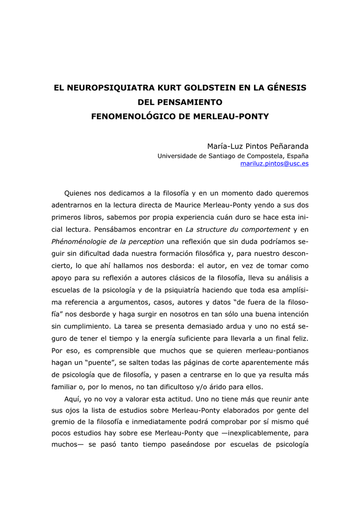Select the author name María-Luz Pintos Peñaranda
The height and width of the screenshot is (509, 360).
click(258, 146)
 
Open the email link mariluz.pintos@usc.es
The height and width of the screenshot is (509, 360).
click(274, 164)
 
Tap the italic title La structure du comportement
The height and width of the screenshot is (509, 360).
click(238, 229)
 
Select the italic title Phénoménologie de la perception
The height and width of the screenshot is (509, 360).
click(107, 242)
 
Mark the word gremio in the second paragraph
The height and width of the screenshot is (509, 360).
click(65, 423)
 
